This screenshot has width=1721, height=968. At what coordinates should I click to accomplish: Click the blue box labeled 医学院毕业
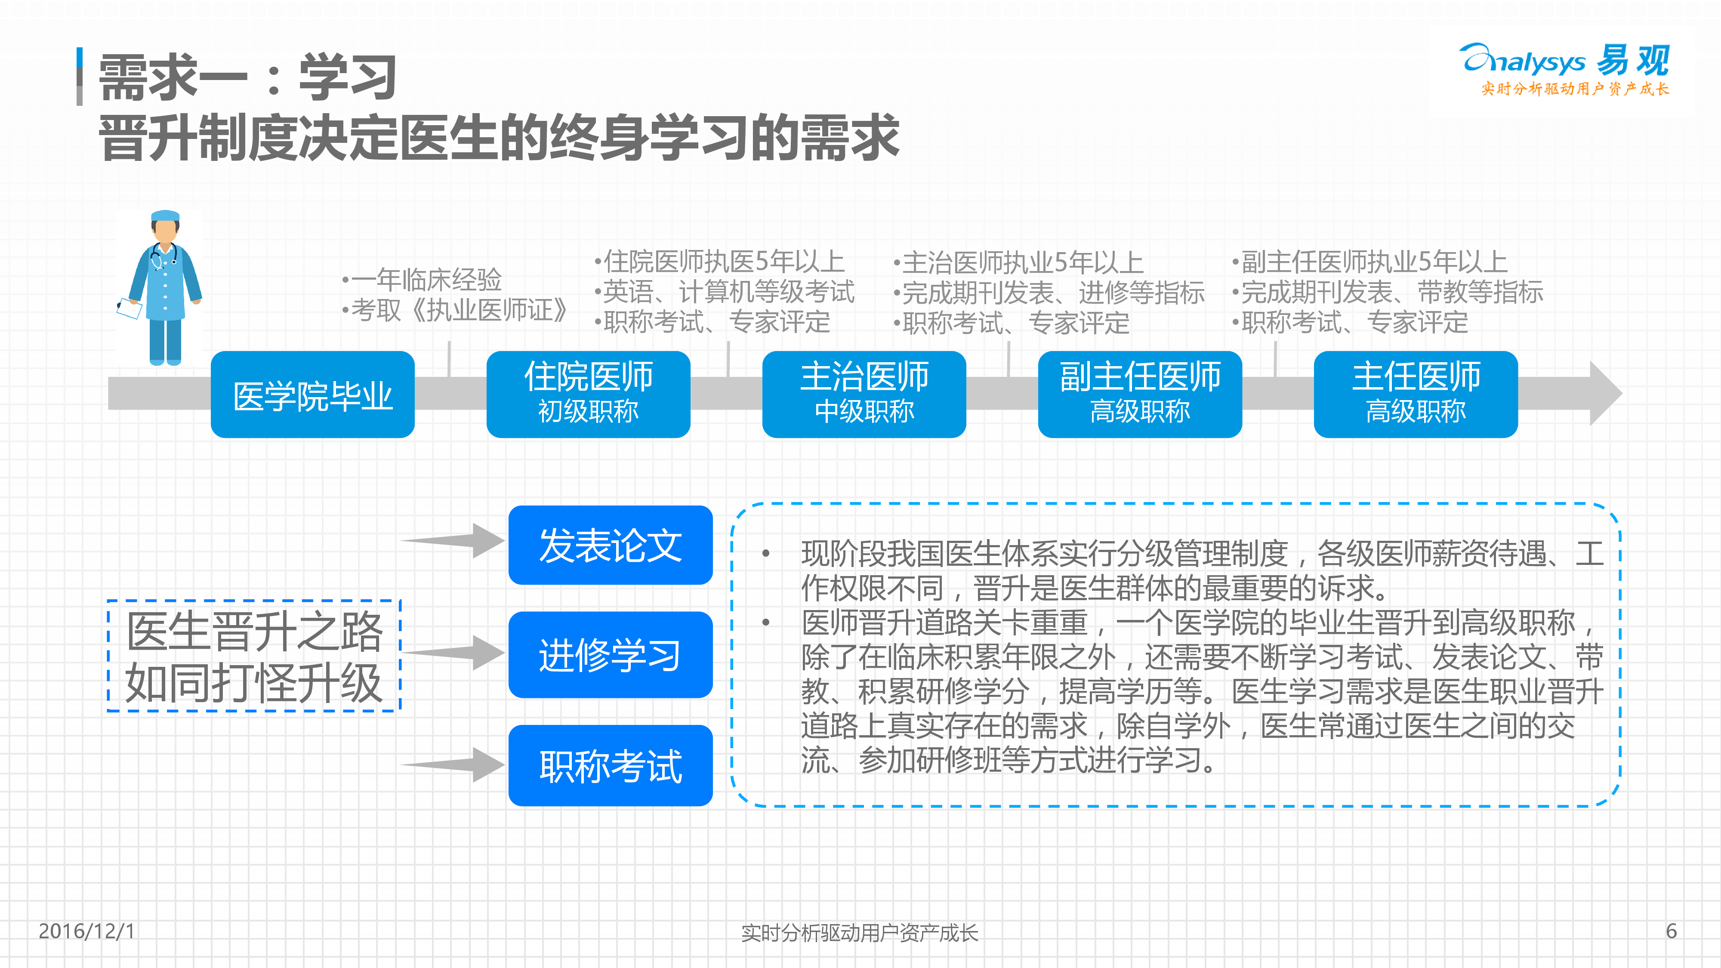[313, 394]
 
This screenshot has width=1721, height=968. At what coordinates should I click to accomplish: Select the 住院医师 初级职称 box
[589, 394]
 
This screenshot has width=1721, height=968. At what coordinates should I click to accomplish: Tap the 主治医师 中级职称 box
[864, 394]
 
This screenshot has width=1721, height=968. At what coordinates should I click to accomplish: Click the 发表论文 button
[611, 545]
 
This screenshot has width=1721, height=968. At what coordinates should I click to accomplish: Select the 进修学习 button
[611, 655]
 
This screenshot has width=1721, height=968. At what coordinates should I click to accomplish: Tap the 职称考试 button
[611, 766]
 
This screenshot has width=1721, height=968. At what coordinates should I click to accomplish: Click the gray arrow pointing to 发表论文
[453, 540]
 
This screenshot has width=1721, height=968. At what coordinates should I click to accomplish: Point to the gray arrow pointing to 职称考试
[453, 764]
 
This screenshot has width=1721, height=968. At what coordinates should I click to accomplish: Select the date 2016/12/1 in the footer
[87, 931]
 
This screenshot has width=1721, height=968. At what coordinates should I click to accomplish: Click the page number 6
[1672, 931]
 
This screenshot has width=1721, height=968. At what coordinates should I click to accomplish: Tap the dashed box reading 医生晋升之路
[254, 656]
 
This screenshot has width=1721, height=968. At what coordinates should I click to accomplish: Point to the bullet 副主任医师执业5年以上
[1369, 261]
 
